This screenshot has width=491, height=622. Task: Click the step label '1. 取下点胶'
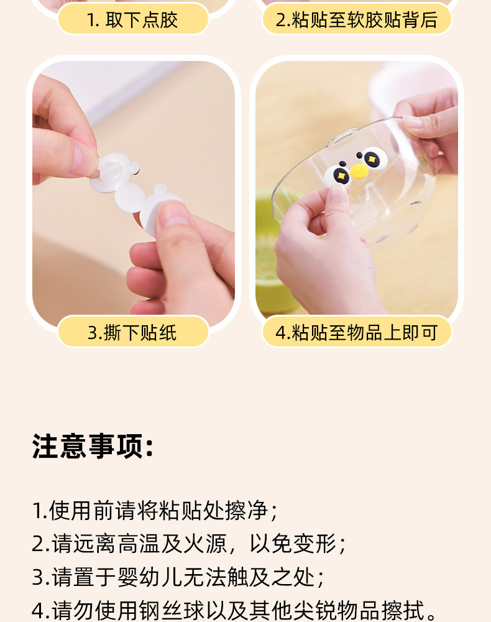click(132, 20)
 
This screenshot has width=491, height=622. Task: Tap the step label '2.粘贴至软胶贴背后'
click(357, 20)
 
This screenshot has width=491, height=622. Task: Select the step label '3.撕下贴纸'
click(132, 332)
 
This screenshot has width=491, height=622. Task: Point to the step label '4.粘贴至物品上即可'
click(357, 332)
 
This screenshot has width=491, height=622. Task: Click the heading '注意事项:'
click(93, 446)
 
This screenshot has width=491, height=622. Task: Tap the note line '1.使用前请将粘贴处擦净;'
click(155, 510)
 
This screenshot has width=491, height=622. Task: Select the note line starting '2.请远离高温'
click(189, 544)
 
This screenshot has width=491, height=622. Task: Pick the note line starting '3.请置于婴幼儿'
click(178, 577)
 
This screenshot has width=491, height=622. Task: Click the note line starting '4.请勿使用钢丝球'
click(234, 610)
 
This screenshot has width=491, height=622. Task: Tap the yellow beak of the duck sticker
click(359, 172)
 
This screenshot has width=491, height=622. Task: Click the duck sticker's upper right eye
click(372, 159)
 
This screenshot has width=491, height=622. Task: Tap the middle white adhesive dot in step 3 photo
click(129, 199)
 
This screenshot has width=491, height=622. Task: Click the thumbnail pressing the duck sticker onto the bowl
click(338, 193)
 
